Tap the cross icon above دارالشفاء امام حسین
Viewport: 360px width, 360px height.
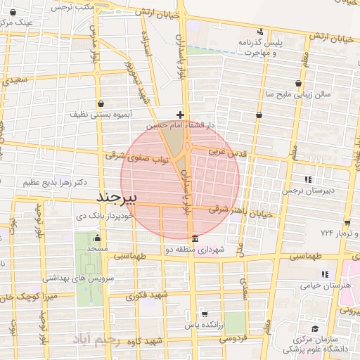(181, 114)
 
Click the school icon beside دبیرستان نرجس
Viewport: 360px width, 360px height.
(307, 179)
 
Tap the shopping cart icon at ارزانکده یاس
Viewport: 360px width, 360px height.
(205, 314)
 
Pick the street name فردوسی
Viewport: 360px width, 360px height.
(235, 340)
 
